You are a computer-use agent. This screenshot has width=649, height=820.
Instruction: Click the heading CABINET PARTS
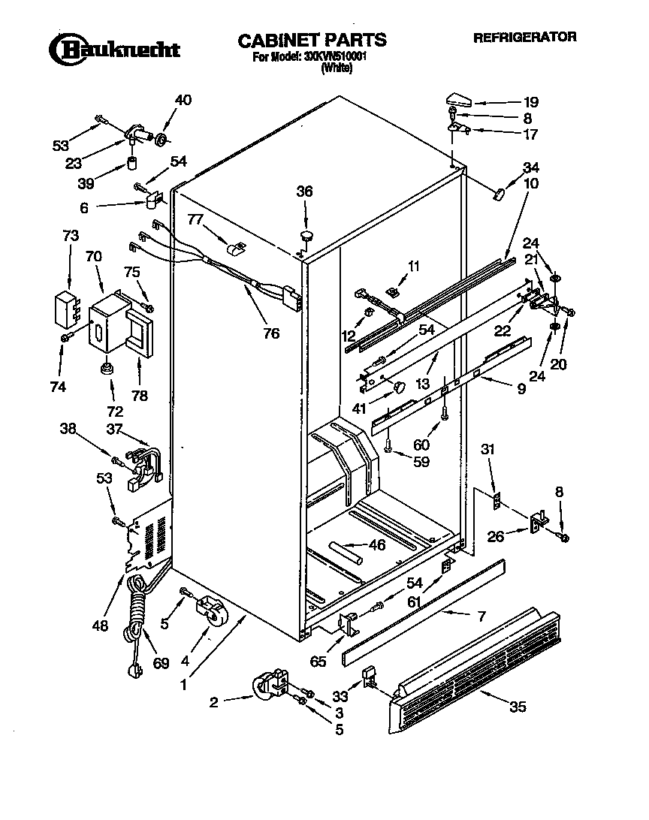coord(312,40)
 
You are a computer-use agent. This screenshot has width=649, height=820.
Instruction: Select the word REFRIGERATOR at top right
coord(524,36)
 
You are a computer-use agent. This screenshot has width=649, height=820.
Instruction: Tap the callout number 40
coord(183,101)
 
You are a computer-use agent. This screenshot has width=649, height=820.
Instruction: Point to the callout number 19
coord(531,101)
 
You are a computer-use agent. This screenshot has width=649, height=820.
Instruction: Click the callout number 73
coord(70,237)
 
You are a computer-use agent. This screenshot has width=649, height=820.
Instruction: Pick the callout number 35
coord(517,707)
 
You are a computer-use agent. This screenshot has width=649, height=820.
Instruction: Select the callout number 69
coord(161,664)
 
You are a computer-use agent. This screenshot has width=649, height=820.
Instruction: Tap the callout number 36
coord(303,191)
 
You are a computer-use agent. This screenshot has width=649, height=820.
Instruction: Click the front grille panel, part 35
coord(473,673)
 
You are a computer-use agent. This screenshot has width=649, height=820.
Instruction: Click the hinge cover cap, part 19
coord(457,98)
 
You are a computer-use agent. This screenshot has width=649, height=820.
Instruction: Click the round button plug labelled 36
coord(306,236)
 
